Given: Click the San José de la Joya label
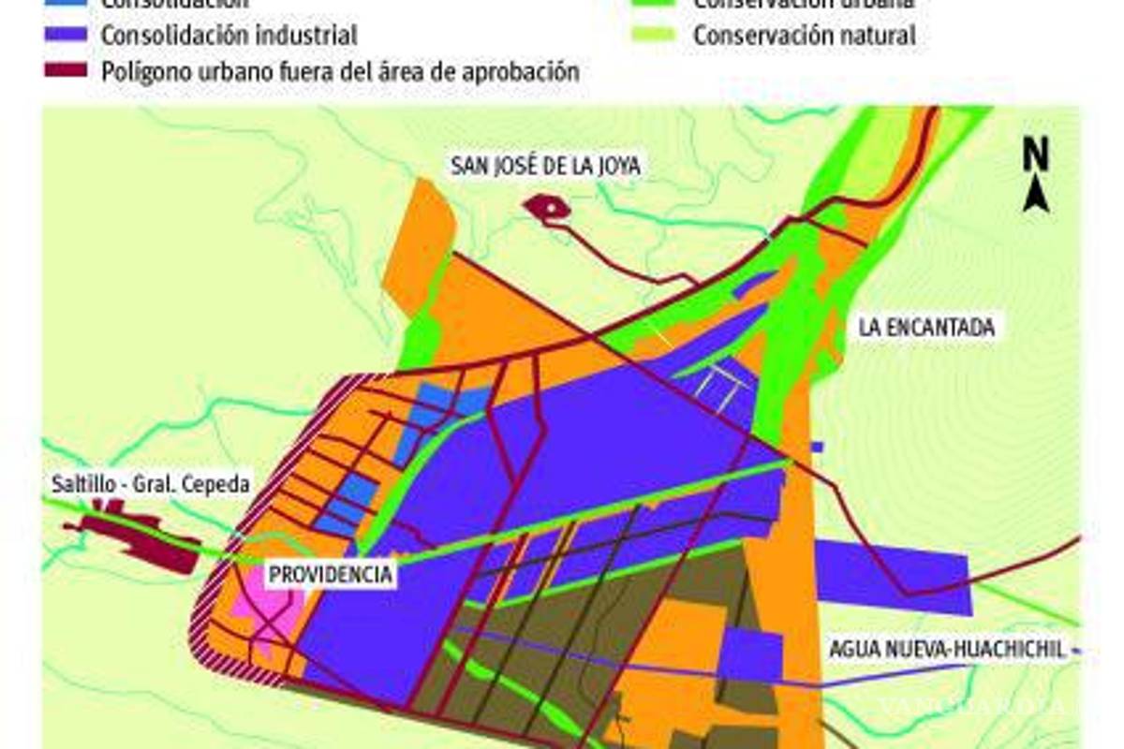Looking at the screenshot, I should tap(546, 166).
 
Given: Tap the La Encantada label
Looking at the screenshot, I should tap(925, 327).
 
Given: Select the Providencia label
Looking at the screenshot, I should tap(330, 574).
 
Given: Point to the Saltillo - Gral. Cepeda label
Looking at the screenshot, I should tap(151, 485).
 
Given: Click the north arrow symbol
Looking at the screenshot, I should tap(1035, 195).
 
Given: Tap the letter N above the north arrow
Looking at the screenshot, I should tap(1035, 155).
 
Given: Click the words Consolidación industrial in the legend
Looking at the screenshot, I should tap(229, 36).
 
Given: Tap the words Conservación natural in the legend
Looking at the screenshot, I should tap(804, 36).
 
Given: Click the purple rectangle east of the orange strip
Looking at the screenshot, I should tap(890, 577).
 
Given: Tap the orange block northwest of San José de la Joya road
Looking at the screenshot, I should tap(421, 243).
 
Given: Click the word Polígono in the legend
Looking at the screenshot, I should tap(145, 71).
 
